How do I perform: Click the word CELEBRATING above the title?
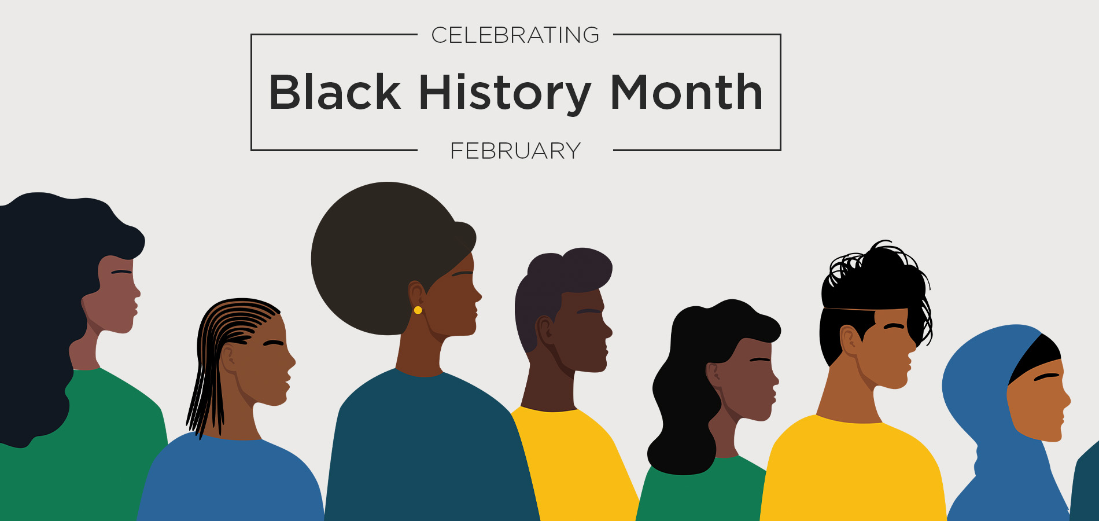click(x=515, y=35)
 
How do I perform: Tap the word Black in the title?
click(x=335, y=92)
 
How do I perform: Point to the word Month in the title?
click(x=687, y=92)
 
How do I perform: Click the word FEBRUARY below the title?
click(x=515, y=151)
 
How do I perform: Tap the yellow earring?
click(x=418, y=310)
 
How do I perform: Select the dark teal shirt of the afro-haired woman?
click(x=428, y=452)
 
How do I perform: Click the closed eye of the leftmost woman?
click(x=121, y=271)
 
